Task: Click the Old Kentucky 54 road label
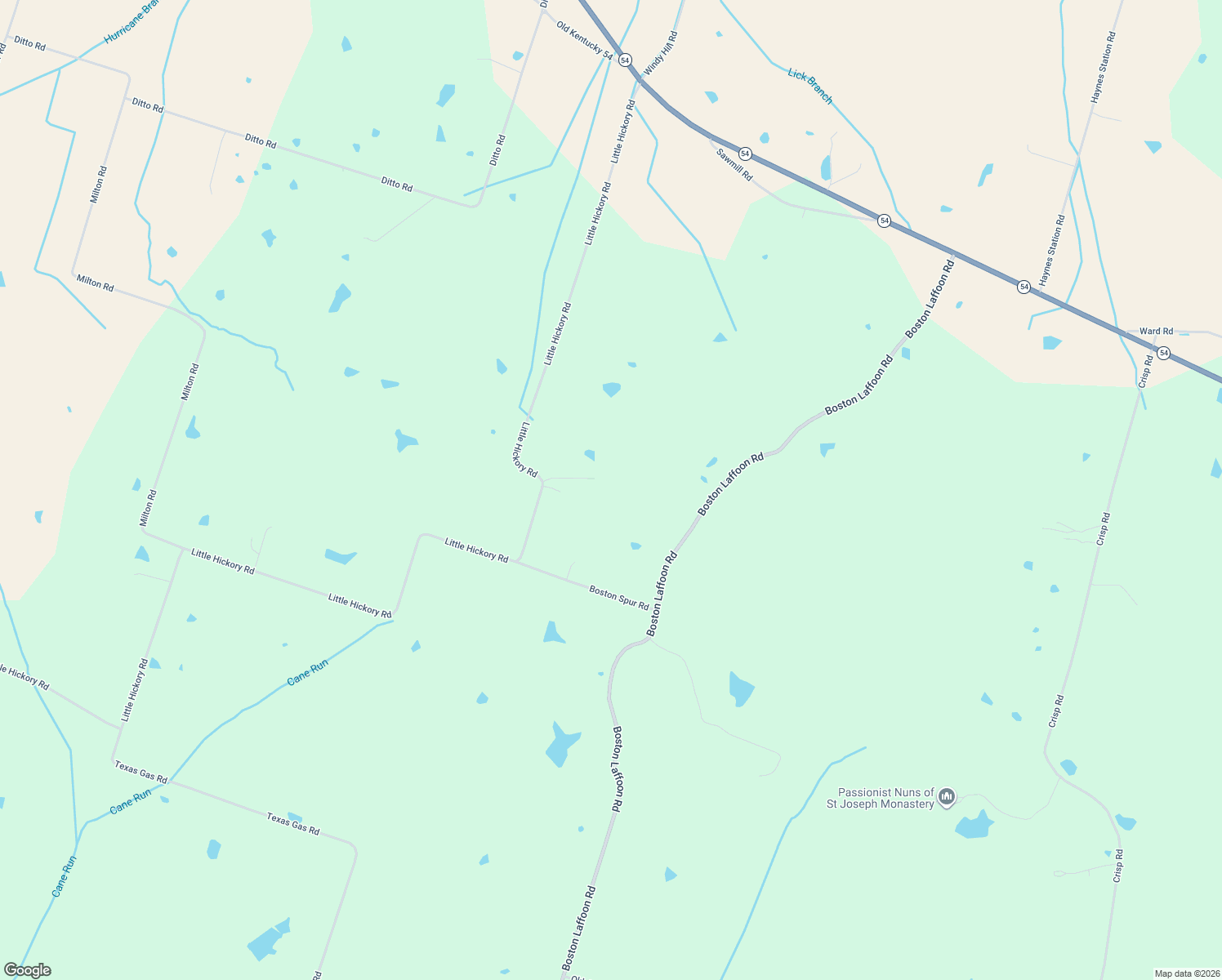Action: pos(584,40)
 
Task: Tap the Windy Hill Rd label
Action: pos(662,54)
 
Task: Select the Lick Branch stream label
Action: pos(810,87)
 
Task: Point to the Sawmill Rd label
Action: pos(734,164)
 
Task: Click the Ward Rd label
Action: pos(1156,331)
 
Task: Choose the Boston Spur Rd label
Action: pos(618,598)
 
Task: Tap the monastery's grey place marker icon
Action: pos(947,796)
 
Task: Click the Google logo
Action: pos(27,969)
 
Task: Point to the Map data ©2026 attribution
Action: pos(1185,973)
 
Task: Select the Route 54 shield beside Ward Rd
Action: pos(1163,353)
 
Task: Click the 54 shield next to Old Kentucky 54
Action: pos(625,60)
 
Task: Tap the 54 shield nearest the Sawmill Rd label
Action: pos(745,154)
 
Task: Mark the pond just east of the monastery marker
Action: pos(974,826)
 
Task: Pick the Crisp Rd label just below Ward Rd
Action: pos(1147,371)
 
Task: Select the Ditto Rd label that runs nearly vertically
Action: pos(497,150)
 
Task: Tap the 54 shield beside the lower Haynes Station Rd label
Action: pos(1024,287)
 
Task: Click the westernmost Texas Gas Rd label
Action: pos(140,773)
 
